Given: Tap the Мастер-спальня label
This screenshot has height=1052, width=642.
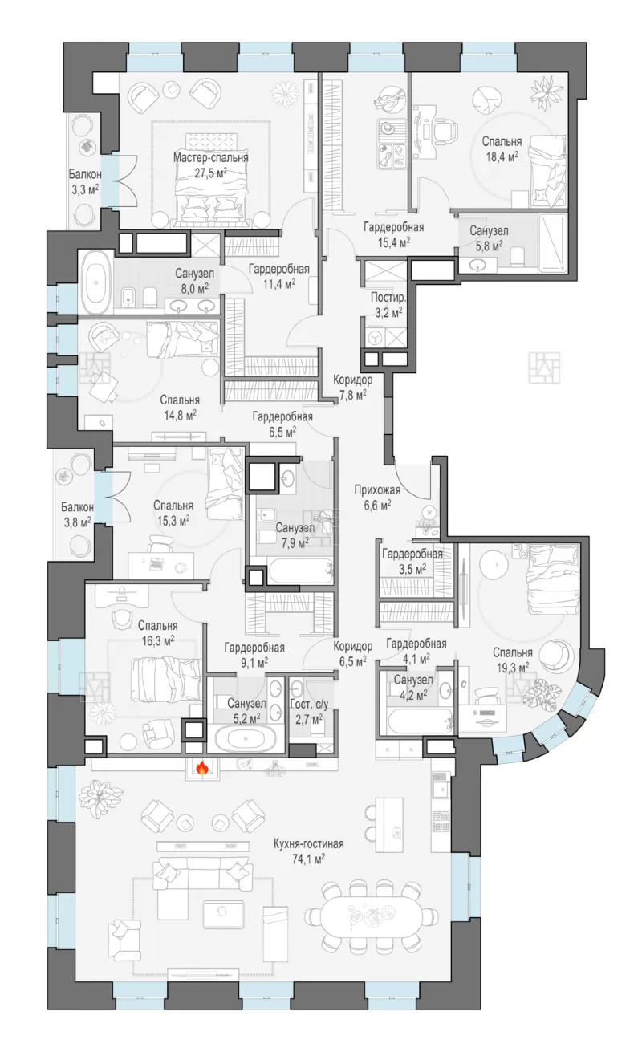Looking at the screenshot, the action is click(211, 157).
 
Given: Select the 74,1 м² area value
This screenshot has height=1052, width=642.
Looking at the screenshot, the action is click(308, 859).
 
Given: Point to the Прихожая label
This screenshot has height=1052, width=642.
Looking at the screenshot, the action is click(377, 490).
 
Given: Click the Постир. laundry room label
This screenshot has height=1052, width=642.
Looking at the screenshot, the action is click(388, 297).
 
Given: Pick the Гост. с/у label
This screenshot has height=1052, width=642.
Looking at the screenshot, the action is click(309, 704).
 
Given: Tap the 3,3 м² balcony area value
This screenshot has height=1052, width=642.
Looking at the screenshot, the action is click(84, 189).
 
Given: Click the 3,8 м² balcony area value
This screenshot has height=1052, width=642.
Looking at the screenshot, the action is click(77, 522).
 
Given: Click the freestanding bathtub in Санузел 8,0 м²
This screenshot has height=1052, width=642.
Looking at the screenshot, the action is click(97, 282).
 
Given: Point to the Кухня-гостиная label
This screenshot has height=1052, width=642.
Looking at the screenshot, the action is click(308, 843).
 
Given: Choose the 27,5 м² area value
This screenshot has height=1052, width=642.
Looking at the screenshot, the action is click(211, 173).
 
